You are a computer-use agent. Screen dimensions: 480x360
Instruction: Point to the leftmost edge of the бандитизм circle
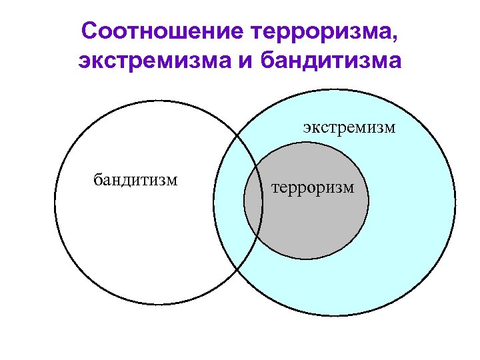[55, 203]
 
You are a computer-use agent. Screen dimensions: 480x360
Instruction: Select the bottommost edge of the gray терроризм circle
[306, 259]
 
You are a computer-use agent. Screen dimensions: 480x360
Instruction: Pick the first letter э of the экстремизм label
[307, 127]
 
